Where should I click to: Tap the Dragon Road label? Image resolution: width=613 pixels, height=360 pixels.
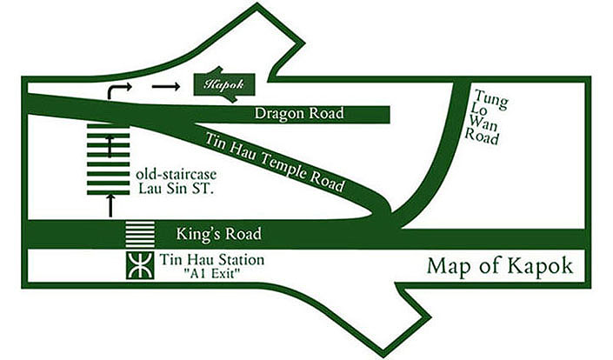(300, 114)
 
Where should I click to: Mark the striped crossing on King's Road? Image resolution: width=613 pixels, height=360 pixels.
(139, 235)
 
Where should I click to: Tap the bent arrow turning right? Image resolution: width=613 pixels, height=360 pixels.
(116, 90)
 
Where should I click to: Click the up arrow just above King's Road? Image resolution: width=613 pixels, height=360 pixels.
(110, 206)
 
